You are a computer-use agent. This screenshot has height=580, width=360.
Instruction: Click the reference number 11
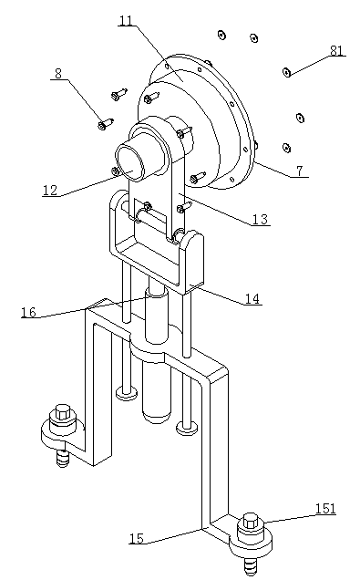(127, 21)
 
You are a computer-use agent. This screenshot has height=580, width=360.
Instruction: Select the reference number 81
(336, 50)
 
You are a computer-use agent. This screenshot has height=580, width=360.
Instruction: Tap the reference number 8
(58, 74)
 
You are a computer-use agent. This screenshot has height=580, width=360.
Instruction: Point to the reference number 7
(300, 171)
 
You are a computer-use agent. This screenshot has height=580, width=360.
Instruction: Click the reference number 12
(50, 190)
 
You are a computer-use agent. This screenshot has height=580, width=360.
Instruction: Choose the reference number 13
(260, 220)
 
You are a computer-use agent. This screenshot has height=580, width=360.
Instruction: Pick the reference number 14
(252, 298)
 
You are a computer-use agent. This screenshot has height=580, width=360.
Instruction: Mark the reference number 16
(29, 312)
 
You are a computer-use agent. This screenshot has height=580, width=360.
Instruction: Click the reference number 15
(137, 538)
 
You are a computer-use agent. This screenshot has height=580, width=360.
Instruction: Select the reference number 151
(325, 509)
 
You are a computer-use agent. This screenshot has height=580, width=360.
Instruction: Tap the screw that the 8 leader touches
(106, 123)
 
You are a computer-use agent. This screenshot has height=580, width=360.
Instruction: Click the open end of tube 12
(130, 162)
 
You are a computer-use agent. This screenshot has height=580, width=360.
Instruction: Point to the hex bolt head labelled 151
(252, 522)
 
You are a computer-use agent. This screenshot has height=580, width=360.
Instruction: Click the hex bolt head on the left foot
(63, 412)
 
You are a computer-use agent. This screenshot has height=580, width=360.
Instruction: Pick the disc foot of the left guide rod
(127, 392)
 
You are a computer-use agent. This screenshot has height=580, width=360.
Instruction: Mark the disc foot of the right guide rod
(187, 428)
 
